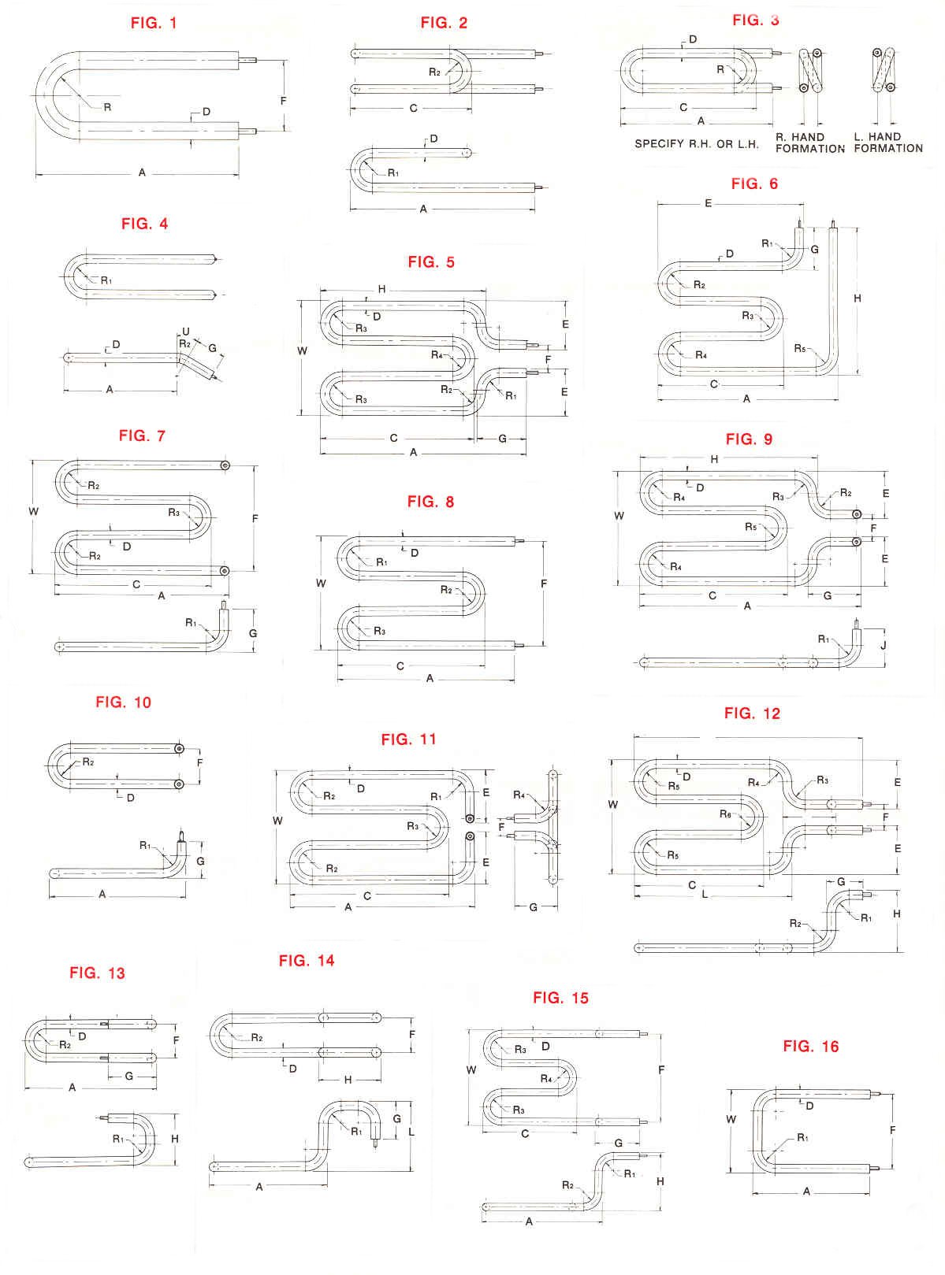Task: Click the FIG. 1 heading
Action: coord(154,23)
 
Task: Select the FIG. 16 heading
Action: coord(810,1047)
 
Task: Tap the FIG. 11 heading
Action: coord(407,739)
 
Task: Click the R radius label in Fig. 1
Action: coord(107,107)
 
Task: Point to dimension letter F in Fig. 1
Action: coord(284,101)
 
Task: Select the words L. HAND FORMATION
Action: coord(887,143)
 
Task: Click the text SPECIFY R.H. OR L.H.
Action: coord(697,144)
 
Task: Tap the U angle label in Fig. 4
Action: coord(185,331)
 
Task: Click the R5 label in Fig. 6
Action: coord(800,348)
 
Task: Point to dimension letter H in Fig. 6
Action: coord(858,299)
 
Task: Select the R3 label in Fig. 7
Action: coord(174,513)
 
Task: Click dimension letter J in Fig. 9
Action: coord(884,645)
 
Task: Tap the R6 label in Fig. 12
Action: coord(726,815)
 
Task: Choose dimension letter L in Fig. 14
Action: coord(412,1132)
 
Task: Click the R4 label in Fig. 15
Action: coord(546,1078)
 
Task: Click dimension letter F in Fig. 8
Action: coord(544,584)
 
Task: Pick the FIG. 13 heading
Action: coord(97,973)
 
